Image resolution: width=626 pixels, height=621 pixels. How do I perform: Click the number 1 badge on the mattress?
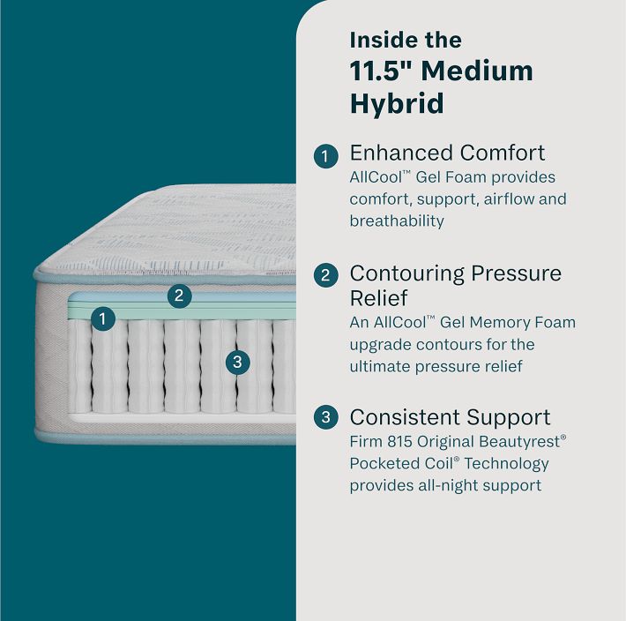[x=103, y=318]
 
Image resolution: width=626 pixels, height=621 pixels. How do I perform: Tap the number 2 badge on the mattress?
[x=179, y=296]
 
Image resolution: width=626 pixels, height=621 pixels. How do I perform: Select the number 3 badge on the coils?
[x=237, y=363]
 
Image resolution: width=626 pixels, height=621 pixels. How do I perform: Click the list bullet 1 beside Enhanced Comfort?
[x=325, y=156]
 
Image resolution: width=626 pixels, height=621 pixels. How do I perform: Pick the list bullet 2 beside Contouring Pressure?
[x=325, y=275]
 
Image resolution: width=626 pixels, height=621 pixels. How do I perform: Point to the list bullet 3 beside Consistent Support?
[x=325, y=417]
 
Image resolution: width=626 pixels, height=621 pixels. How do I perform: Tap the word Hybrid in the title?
[x=397, y=104]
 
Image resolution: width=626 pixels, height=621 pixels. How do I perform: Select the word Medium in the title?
[x=477, y=71]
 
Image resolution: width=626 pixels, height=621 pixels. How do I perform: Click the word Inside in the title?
[x=376, y=40]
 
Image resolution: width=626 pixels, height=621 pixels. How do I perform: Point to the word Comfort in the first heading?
[x=503, y=153]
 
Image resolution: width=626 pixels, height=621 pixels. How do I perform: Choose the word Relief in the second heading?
[x=378, y=298]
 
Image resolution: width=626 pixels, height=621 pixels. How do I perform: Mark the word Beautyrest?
[x=519, y=442]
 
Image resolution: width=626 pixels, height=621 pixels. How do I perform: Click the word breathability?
[x=397, y=221]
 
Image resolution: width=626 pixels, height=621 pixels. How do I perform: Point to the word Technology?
[x=507, y=464]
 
